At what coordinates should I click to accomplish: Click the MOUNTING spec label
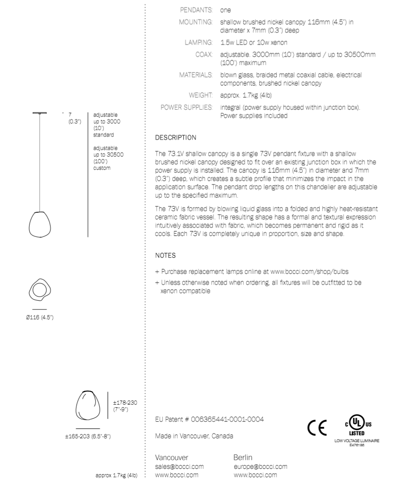click(x=195, y=21)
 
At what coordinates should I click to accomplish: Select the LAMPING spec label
click(x=198, y=43)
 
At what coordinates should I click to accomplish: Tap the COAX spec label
click(x=203, y=54)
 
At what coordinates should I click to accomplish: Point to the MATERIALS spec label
click(x=195, y=75)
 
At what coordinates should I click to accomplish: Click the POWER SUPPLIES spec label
click(x=186, y=108)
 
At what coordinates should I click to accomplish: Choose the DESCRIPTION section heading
click(x=176, y=137)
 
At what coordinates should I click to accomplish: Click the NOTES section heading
click(x=165, y=256)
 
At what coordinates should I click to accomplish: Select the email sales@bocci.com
click(x=179, y=467)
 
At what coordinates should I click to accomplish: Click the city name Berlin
click(x=243, y=458)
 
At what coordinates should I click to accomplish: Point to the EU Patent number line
click(x=209, y=420)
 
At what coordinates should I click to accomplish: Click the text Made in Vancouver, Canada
click(x=194, y=436)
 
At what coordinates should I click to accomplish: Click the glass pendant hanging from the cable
click(x=41, y=223)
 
